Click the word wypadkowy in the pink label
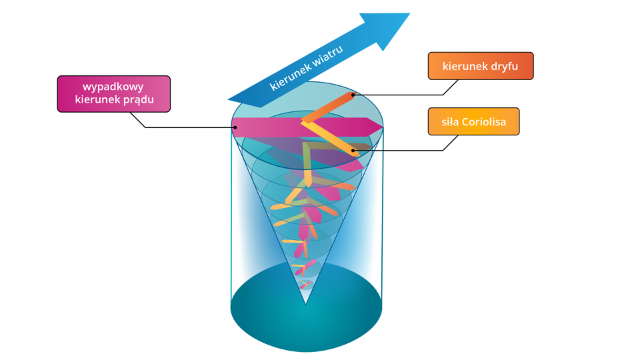[x=113, y=87]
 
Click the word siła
[x=450, y=122]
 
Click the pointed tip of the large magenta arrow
[x=381, y=127]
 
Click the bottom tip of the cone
[x=305, y=303]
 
